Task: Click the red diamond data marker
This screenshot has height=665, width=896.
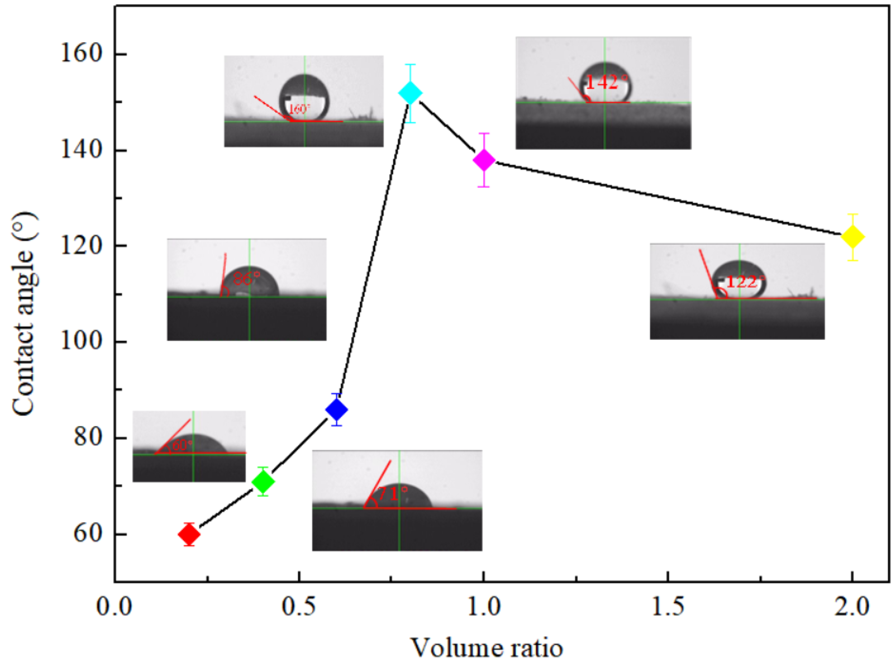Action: coord(189,534)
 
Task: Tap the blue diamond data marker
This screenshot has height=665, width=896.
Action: coord(337,410)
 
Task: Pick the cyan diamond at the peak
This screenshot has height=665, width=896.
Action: coord(410,93)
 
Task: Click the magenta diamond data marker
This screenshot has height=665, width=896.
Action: coord(484,160)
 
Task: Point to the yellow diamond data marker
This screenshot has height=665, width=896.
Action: coord(852,237)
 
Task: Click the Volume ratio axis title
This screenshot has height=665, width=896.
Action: coord(486,648)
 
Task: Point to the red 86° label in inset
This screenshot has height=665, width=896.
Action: coord(246,278)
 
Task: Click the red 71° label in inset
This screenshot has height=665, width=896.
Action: coord(393,494)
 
